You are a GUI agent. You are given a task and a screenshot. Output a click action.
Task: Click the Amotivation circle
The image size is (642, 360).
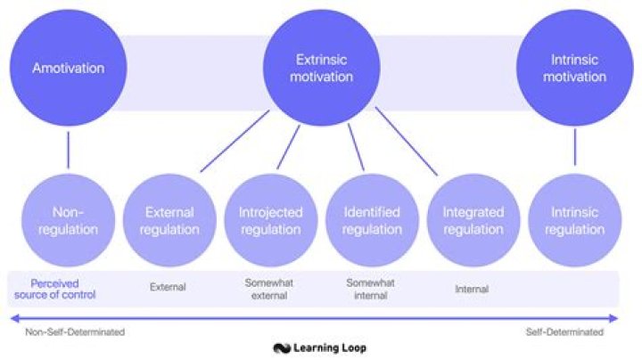[68, 68]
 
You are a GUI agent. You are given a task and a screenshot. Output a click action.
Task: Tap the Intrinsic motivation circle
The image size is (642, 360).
[575, 68]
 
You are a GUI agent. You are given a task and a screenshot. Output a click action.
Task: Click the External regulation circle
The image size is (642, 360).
[169, 220]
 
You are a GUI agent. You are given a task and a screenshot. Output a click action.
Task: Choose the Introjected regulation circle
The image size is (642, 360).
[270, 220]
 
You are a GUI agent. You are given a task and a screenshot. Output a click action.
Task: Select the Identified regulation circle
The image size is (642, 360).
[372, 220]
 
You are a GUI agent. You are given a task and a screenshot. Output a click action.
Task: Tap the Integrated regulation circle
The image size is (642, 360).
[473, 220]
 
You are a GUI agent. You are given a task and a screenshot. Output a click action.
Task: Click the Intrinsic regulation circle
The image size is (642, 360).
[575, 220]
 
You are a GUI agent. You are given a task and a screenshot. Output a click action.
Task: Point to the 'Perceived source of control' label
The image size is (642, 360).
[62, 288]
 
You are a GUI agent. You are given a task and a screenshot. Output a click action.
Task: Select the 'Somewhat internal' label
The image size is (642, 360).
[370, 289]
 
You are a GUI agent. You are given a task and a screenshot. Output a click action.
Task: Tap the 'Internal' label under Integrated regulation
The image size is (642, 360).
[472, 289]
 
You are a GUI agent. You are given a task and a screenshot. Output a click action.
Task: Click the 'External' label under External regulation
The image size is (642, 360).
[168, 287]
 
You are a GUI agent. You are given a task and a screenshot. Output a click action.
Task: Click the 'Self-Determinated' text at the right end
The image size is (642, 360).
[563, 332]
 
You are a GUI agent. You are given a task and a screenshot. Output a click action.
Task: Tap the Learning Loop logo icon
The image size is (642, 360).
[282, 348]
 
